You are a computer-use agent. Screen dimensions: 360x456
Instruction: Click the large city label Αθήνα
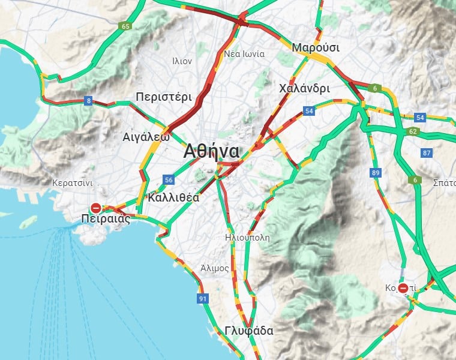(211, 151)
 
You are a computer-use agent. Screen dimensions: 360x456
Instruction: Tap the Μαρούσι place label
(316, 47)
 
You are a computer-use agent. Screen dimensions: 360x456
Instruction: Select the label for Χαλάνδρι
(304, 88)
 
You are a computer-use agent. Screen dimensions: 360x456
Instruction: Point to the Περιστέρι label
(163, 97)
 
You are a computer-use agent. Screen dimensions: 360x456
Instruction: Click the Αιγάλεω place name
(145, 136)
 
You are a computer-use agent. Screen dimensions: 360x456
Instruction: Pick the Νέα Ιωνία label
(244, 54)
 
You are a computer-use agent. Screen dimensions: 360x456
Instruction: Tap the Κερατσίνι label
(71, 182)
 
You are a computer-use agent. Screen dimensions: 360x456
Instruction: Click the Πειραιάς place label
(106, 220)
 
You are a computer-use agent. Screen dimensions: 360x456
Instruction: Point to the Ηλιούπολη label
(247, 237)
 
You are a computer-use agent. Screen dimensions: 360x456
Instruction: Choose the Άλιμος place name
(215, 268)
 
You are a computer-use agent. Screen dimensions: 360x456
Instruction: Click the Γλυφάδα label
(249, 331)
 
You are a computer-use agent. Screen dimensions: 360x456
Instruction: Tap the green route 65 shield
(125, 26)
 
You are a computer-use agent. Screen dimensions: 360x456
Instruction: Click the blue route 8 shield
(89, 101)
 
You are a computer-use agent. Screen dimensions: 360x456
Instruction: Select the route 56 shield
(169, 180)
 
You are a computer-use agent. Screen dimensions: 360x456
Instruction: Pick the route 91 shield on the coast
(203, 298)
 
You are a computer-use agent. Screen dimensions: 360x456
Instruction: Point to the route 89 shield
(376, 173)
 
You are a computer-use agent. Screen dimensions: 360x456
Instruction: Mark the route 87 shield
(427, 153)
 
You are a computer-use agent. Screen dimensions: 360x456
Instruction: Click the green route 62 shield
(412, 131)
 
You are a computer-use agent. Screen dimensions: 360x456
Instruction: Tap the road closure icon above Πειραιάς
(95, 208)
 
